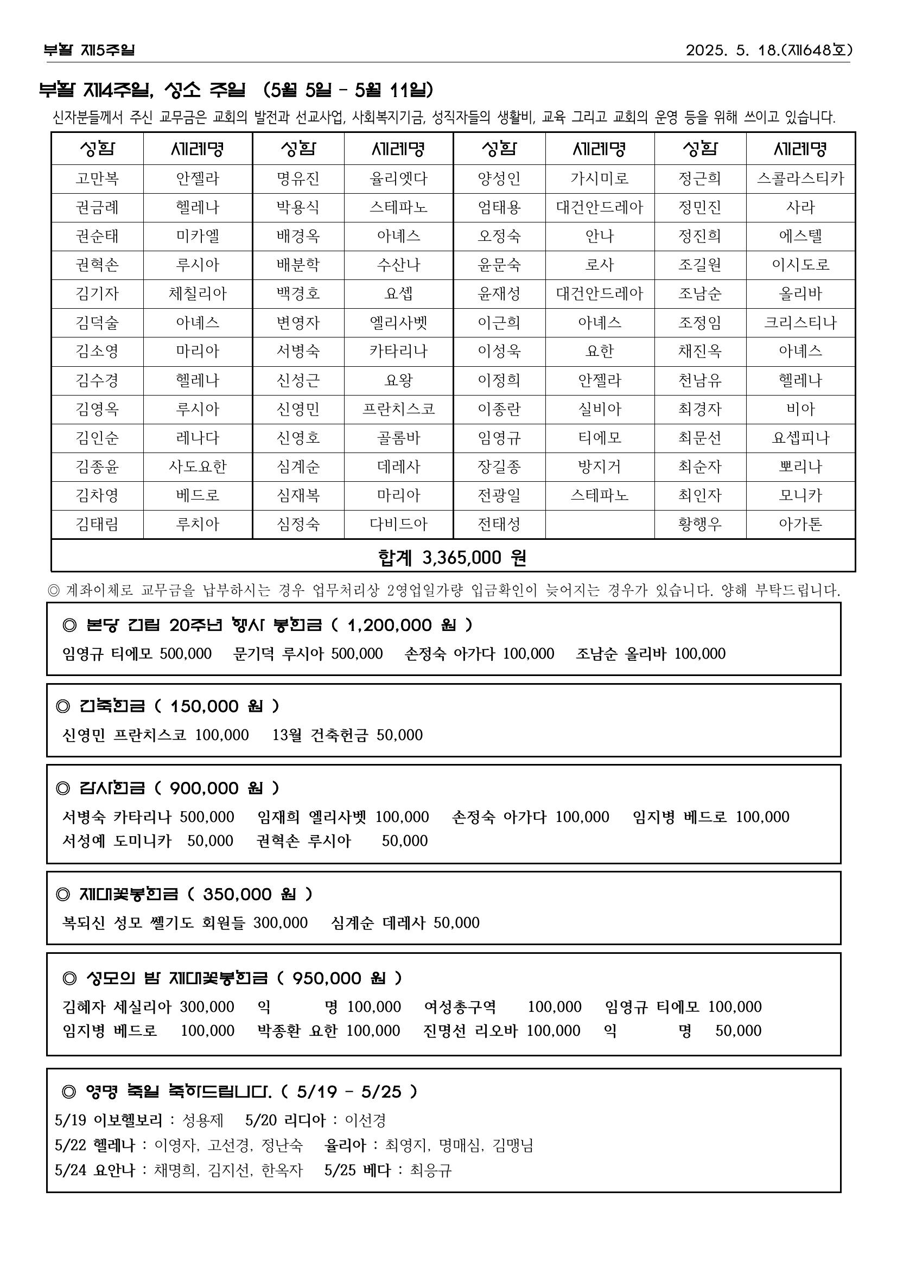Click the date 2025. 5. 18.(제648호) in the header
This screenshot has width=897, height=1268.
[x=768, y=50]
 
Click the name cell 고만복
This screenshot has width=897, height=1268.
[x=97, y=179]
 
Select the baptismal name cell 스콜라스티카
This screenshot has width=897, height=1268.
[x=800, y=179]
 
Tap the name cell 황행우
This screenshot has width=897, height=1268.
[x=699, y=524]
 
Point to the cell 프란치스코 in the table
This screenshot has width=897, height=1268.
[x=398, y=409]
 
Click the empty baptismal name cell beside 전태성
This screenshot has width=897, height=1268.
[x=599, y=524]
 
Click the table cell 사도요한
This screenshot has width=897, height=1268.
[x=197, y=467]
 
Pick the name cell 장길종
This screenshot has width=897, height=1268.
[x=499, y=467]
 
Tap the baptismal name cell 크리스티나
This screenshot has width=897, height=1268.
[x=800, y=322]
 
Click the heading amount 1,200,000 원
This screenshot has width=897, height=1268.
[x=402, y=625]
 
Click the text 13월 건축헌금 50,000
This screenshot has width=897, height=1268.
[x=347, y=735]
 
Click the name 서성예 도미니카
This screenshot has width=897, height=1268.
[x=117, y=840]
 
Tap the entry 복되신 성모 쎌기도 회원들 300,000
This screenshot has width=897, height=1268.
[x=185, y=922]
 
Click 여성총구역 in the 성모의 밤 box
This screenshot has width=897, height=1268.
[x=460, y=1006]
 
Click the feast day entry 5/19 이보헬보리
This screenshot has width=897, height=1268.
[x=109, y=1120]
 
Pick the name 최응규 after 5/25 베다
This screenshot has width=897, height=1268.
[x=431, y=1170]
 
